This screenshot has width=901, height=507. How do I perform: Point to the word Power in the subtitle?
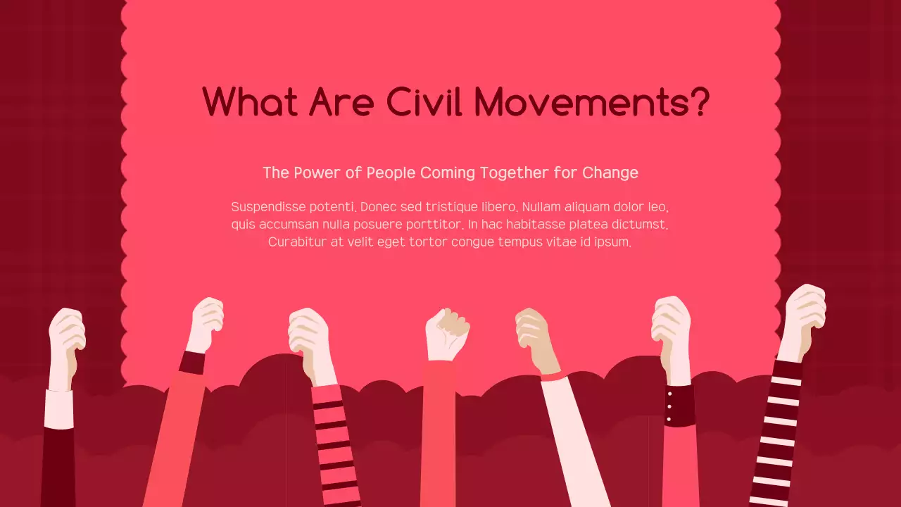point(314,173)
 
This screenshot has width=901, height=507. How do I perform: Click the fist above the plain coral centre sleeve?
point(446,334)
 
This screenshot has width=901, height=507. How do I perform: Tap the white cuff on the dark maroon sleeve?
point(58,408)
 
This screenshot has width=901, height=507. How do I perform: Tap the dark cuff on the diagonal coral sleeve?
point(191,362)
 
